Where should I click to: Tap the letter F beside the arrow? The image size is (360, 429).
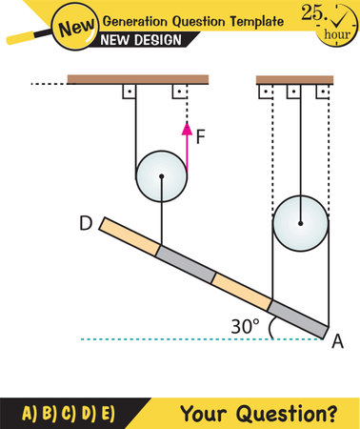pyautogui.click(x=200, y=136)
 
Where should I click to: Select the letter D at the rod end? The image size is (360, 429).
pyautogui.click(x=85, y=226)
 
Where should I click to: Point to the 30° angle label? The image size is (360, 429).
pyautogui.click(x=245, y=326)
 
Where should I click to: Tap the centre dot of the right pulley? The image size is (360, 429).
pyautogui.click(x=300, y=225)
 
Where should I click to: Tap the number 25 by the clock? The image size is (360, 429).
pyautogui.click(x=310, y=12)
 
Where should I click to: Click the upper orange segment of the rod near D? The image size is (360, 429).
pyautogui.click(x=130, y=239)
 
